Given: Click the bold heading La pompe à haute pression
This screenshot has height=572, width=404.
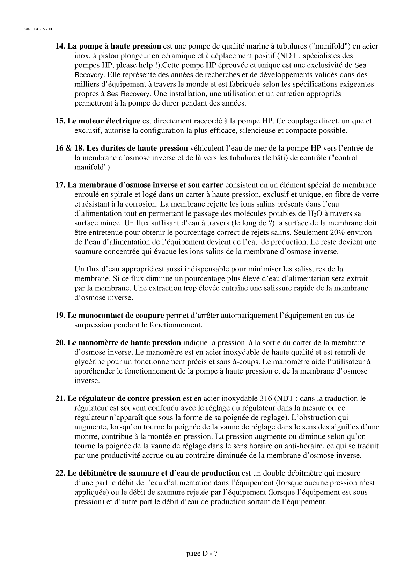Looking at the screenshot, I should (x=114, y=46).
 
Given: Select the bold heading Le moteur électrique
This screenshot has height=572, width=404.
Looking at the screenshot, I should (x=104, y=121).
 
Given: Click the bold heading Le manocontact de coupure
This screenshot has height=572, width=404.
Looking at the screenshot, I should (x=116, y=316).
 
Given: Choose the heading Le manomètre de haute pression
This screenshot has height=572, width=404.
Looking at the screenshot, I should (x=124, y=343).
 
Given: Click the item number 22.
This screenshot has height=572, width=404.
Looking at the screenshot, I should (x=60, y=473).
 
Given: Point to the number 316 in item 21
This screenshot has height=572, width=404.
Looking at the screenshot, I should (x=266, y=398).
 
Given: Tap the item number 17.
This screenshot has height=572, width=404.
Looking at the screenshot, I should (x=60, y=185).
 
